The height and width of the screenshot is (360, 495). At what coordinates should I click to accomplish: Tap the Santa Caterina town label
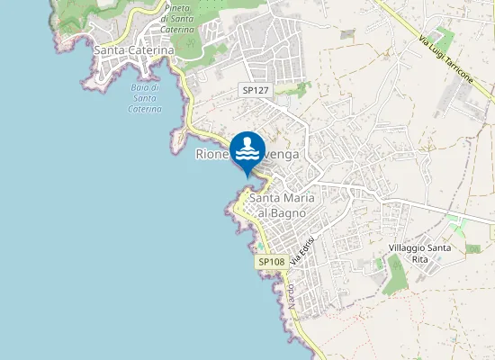coord(134,51)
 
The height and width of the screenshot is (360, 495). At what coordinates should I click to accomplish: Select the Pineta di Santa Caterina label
coord(177,18)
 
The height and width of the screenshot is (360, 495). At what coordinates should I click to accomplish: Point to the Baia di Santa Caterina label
coord(144,98)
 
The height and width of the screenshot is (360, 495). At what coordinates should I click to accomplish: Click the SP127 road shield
coord(256,91)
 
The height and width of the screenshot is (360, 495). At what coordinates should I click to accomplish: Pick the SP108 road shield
coord(271,262)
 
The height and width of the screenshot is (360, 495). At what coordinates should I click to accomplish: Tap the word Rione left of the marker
coord(212,154)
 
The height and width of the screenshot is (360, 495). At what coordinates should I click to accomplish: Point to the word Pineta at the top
coord(176,7)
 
